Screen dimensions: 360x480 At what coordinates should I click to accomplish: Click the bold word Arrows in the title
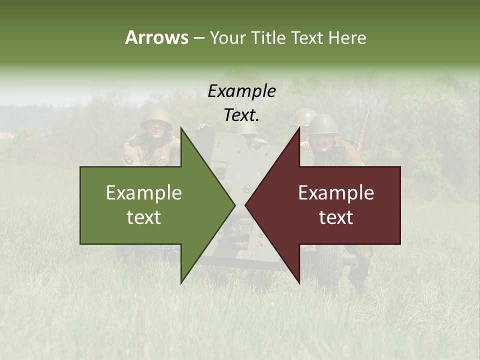pyautogui.click(x=156, y=37)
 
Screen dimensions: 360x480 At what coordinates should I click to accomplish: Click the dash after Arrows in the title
pyautogui.click(x=198, y=38)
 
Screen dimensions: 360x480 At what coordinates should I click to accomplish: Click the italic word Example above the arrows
pyautogui.click(x=241, y=91)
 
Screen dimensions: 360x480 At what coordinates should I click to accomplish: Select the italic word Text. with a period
pyautogui.click(x=241, y=115)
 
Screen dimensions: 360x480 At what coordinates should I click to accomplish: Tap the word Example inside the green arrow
pyautogui.click(x=144, y=193)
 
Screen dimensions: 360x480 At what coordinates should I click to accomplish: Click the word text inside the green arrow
pyautogui.click(x=144, y=217)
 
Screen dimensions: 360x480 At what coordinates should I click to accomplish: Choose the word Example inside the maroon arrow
pyautogui.click(x=336, y=193)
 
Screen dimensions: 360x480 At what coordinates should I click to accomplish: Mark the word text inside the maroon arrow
pyautogui.click(x=336, y=217)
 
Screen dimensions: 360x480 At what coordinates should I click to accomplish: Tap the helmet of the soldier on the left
pyautogui.click(x=156, y=118)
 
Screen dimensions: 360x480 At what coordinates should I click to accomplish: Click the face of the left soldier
pyautogui.click(x=157, y=130)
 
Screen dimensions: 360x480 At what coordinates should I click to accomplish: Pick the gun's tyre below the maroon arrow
pyautogui.click(x=327, y=265)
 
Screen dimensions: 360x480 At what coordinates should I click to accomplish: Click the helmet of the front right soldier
pyautogui.click(x=323, y=123)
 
